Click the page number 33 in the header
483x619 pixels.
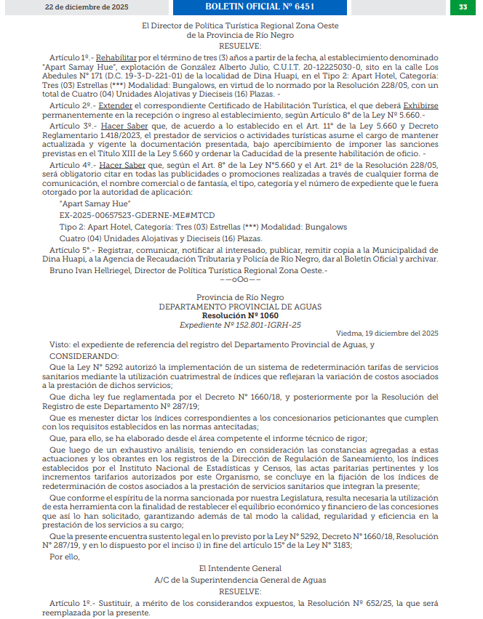463,7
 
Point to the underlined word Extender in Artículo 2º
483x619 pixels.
116,106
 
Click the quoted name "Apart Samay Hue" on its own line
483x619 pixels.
89,204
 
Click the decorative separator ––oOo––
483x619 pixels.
240,280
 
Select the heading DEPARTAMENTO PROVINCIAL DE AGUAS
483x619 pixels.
240,307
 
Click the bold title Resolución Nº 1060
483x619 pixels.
240,316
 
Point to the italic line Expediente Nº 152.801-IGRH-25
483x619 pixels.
240,325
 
